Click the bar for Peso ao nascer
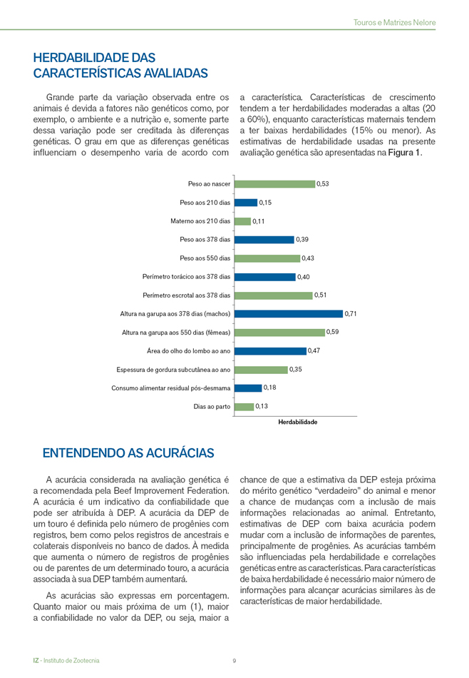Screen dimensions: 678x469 click(x=274, y=184)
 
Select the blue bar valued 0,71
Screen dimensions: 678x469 click(x=289, y=313)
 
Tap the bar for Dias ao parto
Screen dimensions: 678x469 click(x=244, y=407)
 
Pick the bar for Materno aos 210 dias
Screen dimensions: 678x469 click(x=242, y=221)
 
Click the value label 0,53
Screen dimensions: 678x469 click(x=323, y=184)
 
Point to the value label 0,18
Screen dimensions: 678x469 click(x=270, y=388)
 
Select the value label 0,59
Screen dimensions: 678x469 click(x=333, y=332)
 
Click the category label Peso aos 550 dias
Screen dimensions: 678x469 click(x=205, y=258)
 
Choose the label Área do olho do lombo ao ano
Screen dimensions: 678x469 click(x=188, y=351)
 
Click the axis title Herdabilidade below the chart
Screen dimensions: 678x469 click(x=297, y=423)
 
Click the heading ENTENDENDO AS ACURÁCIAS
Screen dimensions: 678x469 click(x=128, y=453)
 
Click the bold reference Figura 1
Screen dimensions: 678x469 click(x=404, y=153)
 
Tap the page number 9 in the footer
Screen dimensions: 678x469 click(x=234, y=661)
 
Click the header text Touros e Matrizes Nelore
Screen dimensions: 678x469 click(x=394, y=23)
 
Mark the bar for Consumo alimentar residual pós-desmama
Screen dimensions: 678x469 click(x=248, y=388)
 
